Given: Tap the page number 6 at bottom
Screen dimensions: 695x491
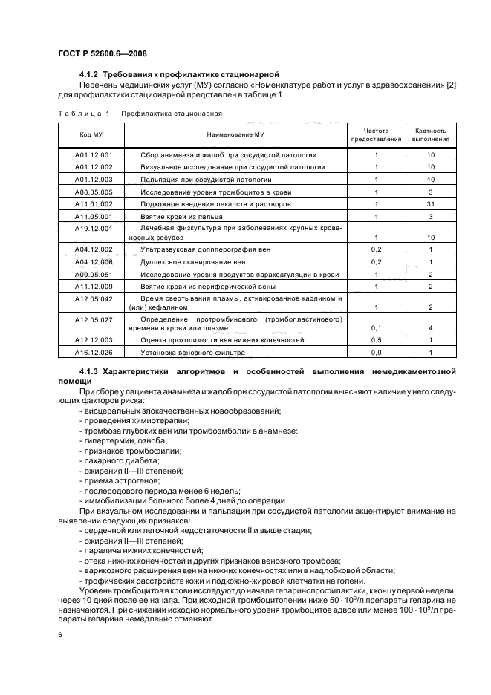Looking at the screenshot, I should click(59, 635).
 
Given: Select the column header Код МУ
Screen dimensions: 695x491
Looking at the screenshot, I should click(91, 134).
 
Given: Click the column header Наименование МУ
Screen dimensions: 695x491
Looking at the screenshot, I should click(234, 134).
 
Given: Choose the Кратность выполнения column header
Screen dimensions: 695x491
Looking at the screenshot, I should click(431, 134).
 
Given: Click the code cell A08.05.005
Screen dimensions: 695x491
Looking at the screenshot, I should click(94, 192).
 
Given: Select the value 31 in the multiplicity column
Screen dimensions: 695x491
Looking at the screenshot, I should click(431, 203).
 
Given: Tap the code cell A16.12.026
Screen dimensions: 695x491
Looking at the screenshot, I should click(94, 352).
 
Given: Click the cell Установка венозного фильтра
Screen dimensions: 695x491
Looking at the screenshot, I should click(186, 352).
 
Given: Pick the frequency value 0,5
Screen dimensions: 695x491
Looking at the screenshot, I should click(377, 339).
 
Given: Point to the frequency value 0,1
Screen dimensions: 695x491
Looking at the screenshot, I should click(377, 327).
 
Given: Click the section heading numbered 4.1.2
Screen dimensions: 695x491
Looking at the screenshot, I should click(178, 75).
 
